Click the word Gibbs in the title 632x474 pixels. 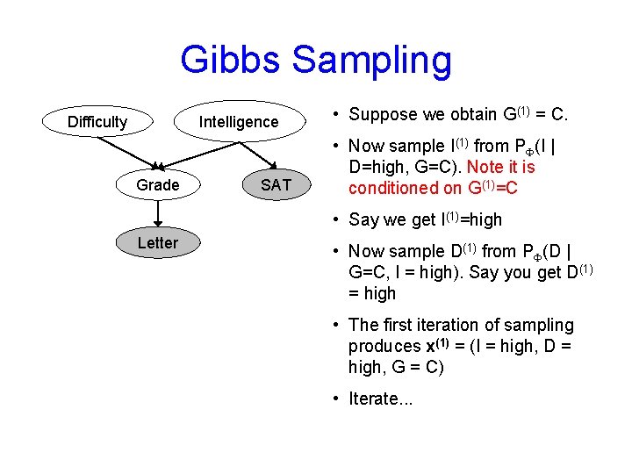[x=231, y=61]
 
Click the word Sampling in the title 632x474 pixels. [x=371, y=61]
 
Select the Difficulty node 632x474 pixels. [x=97, y=122]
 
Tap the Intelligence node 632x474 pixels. [x=238, y=122]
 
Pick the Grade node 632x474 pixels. [x=158, y=184]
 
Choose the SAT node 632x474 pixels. [x=276, y=184]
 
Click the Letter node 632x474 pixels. [x=158, y=243]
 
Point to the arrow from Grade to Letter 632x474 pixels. [x=158, y=214]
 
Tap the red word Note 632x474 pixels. [x=486, y=167]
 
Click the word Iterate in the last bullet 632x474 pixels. [x=374, y=399]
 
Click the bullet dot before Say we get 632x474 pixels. [x=337, y=219]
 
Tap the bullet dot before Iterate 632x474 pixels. [x=337, y=399]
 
